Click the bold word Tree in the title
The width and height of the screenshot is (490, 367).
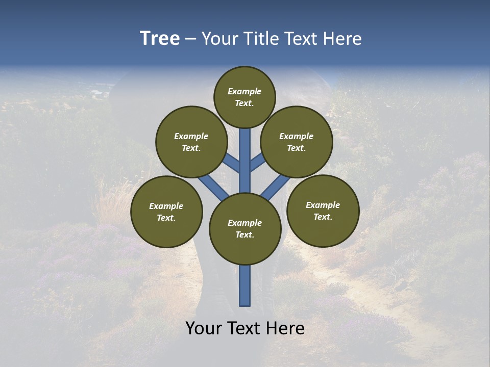point(160,39)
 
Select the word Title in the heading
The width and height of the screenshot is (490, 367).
point(260,39)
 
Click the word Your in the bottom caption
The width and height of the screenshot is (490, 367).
point(203,328)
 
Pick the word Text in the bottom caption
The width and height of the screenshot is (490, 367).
point(243,328)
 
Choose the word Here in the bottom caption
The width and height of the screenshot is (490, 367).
point(286,328)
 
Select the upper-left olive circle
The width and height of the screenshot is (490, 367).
point(191,142)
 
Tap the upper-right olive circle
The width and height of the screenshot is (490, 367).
point(297,142)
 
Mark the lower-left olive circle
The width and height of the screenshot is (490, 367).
point(166,212)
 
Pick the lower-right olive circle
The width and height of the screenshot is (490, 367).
point(323,211)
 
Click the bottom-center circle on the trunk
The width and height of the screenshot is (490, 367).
point(245,229)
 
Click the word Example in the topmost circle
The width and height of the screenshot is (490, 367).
point(244,91)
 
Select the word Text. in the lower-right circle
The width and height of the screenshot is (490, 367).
point(323,217)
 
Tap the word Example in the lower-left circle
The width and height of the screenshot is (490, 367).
point(166,206)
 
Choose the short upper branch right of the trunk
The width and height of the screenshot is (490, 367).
point(258,163)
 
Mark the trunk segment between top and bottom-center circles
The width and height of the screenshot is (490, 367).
point(245,163)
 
